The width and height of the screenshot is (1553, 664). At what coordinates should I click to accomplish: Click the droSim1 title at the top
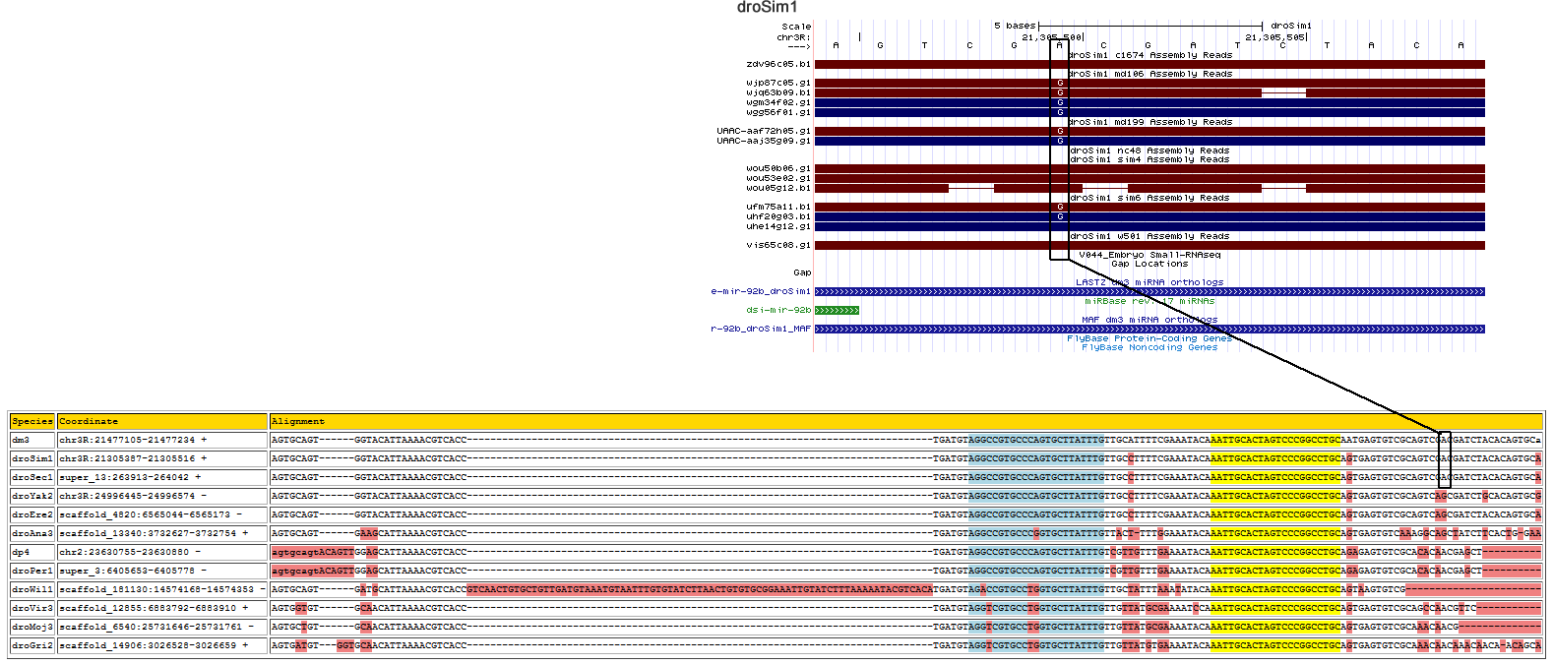pos(767,8)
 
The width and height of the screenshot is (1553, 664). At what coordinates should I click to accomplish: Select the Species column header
pos(32,421)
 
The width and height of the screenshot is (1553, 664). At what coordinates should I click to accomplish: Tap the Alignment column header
pos(297,421)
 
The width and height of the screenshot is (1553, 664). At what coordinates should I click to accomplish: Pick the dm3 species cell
pos(21,440)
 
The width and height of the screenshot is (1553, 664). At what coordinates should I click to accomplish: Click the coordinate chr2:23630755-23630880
pos(124,552)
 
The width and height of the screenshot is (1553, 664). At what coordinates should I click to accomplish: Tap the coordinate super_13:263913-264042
pos(124,477)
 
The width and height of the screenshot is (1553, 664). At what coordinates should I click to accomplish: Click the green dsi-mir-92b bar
pos(837,311)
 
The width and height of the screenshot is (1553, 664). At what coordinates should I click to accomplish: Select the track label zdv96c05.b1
pos(778,64)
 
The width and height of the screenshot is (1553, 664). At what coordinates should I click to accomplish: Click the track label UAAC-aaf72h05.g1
pos(764,131)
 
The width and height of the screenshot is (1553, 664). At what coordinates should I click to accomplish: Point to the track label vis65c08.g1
pos(778,245)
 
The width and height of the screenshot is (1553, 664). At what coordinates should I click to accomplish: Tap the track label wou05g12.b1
pos(778,188)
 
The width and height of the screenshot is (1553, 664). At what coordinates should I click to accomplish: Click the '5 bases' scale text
pos(1015,26)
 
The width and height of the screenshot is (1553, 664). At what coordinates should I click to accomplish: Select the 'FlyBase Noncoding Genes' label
pos(1149,347)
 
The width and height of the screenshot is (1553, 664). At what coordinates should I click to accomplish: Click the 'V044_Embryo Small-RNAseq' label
pos(1149,255)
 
